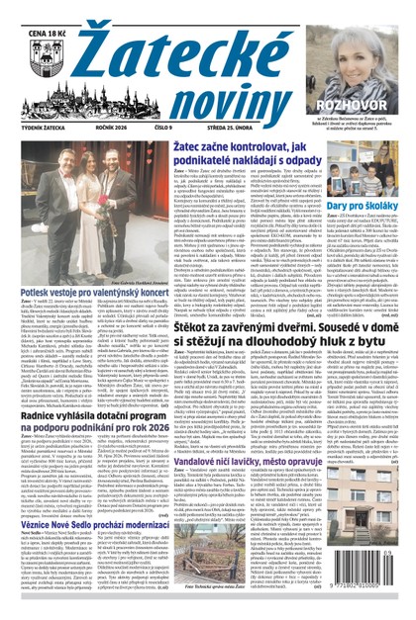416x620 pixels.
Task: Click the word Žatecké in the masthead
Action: [204, 34]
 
